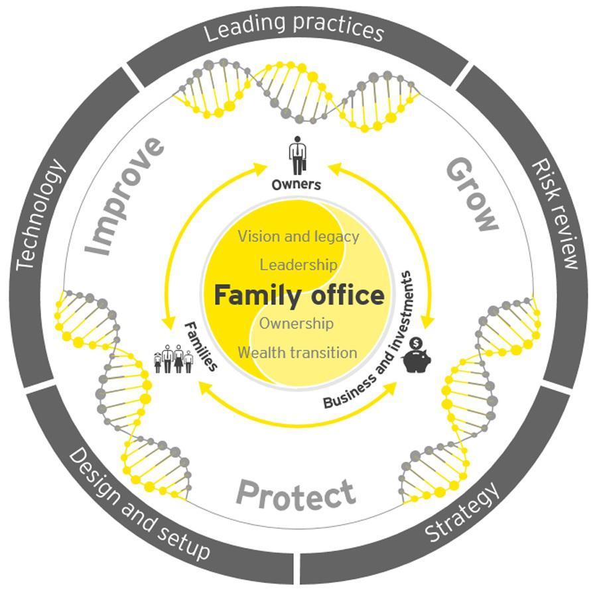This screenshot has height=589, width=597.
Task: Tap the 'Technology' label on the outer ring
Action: pyautogui.click(x=40, y=214)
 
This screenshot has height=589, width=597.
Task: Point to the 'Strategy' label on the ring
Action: pyautogui.click(x=462, y=511)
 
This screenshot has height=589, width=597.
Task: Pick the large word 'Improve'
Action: pyautogui.click(x=125, y=196)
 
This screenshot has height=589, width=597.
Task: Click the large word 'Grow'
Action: pyautogui.click(x=472, y=194)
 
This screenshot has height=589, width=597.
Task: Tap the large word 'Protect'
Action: pyautogui.click(x=296, y=494)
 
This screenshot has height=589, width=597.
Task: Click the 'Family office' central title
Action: pyautogui.click(x=299, y=295)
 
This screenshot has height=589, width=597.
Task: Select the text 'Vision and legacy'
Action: pyautogui.click(x=298, y=237)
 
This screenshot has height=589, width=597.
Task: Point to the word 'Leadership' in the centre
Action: pyautogui.click(x=298, y=264)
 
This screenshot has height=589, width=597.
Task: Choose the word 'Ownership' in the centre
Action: pyautogui.click(x=297, y=323)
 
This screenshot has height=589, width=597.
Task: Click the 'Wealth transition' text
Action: pyautogui.click(x=297, y=352)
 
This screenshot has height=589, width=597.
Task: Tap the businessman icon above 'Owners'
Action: pyautogui.click(x=297, y=155)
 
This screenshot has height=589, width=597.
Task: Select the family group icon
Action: pyautogui.click(x=173, y=358)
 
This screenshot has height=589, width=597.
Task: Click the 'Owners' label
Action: pyautogui.click(x=297, y=185)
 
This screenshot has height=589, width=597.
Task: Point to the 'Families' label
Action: pyautogui.click(x=200, y=346)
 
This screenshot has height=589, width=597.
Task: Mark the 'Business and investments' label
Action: pyautogui.click(x=367, y=341)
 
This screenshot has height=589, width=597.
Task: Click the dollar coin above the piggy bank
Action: pyautogui.click(x=416, y=343)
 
